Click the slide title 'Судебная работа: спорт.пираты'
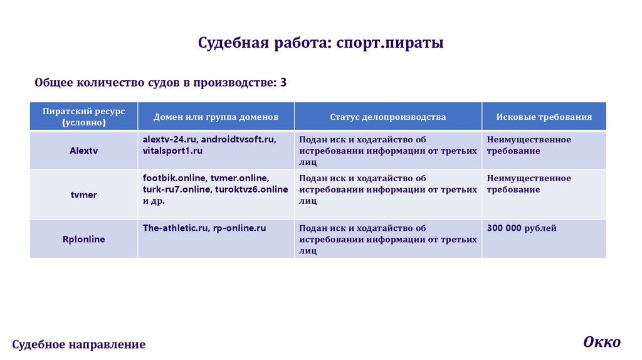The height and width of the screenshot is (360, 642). tap(321, 43)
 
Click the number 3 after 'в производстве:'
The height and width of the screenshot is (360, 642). tap(283, 82)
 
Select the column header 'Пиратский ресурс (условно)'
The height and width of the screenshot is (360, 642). tap(84, 117)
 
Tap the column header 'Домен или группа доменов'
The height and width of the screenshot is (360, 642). tap(216, 117)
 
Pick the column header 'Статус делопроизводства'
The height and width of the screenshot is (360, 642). tap(388, 117)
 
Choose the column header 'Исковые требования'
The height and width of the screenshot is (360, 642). tap(544, 117)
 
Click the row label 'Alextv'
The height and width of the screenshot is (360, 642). tap(84, 151)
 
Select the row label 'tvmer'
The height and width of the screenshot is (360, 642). tap(84, 194)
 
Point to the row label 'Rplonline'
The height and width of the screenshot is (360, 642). tap(84, 239)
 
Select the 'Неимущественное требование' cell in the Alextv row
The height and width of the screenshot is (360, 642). tap(529, 146)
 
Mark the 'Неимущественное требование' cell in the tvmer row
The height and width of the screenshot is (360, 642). tap(529, 184)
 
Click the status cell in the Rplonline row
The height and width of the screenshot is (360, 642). tap(387, 240)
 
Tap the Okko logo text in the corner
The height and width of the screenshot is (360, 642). tap(601, 342)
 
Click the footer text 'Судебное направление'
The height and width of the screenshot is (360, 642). tap(79, 344)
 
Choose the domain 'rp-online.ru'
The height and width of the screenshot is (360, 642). tap(239, 228)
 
